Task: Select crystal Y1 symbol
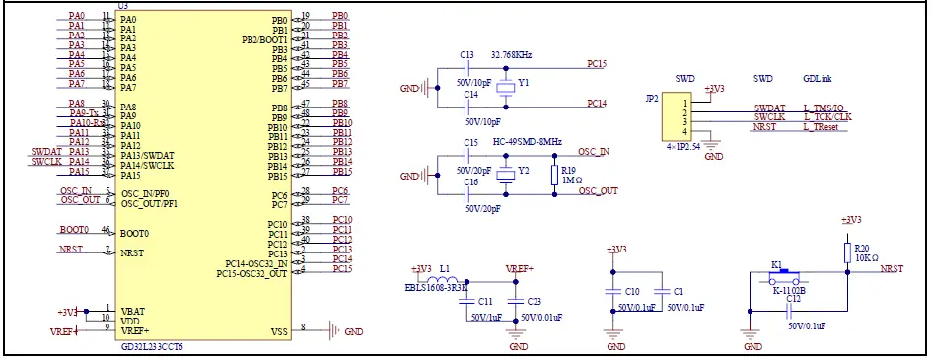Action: [506, 87]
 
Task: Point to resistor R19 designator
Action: [568, 170]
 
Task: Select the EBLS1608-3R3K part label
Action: [436, 288]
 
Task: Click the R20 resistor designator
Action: [861, 249]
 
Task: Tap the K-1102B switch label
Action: [789, 291]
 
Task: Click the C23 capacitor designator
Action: [534, 301]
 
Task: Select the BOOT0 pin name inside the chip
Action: [134, 234]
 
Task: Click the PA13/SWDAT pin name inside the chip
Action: [147, 156]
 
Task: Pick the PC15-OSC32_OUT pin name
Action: [251, 273]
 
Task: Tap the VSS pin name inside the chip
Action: [279, 332]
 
